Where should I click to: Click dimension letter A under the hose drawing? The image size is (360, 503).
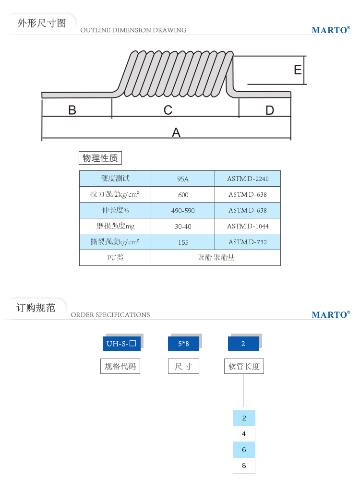tap(176, 132)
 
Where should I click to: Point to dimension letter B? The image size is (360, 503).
tap(72, 110)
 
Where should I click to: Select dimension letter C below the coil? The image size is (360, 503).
tap(168, 110)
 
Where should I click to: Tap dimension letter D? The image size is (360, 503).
tap(269, 110)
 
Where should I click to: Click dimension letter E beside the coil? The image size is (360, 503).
tap(298, 70)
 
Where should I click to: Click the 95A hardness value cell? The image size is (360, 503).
tap(183, 179)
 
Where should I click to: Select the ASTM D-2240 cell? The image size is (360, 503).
tap(248, 179)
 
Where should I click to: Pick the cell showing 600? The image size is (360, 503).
tap(183, 195)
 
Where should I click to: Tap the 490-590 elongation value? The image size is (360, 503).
tap(183, 211)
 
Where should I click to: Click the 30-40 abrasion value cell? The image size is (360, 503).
tap(183, 227)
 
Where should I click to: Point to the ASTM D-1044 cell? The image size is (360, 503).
tap(248, 227)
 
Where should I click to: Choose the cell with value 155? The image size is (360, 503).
tap(183, 242)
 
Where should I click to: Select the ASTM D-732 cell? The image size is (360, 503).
tap(248, 242)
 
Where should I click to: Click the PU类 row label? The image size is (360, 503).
tap(115, 258)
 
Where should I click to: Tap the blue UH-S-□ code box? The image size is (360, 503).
tap(122, 344)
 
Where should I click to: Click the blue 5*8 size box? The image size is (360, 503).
tap(183, 344)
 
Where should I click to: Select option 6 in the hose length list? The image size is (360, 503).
tap(244, 450)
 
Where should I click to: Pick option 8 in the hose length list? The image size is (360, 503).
tap(244, 466)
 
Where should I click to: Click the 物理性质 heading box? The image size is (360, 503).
tap(100, 158)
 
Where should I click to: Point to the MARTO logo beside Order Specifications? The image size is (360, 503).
tap(330, 315)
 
